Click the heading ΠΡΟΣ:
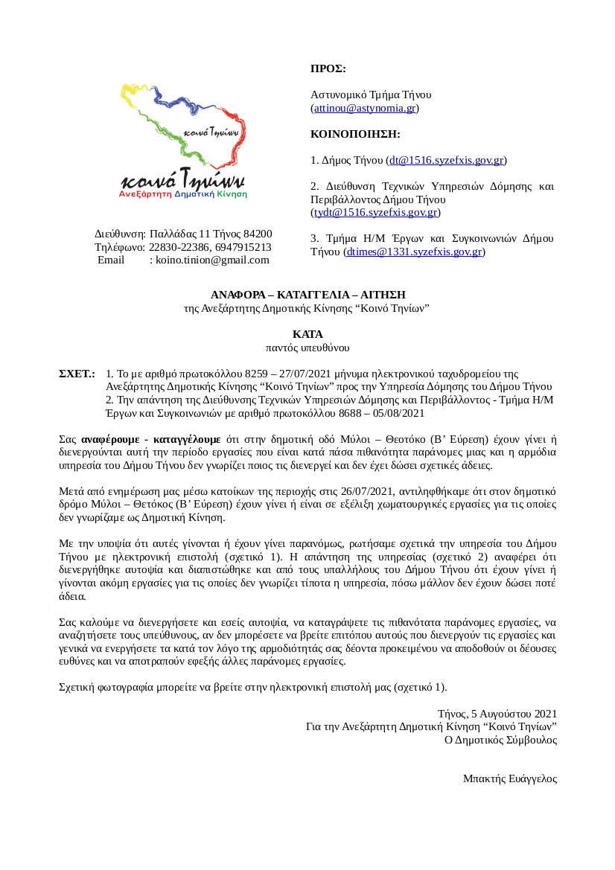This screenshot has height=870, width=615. pos(328,68)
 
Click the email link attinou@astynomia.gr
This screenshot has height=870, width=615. pos(364,108)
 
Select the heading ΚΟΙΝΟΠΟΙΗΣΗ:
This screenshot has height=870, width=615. pos(355,135)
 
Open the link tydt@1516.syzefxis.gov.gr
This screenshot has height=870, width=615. pos(375,212)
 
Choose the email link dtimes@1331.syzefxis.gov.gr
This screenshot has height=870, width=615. pos(414,252)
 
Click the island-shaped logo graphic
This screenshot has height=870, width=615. pos(184,127)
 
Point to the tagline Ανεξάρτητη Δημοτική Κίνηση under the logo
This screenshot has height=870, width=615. pos(183,193)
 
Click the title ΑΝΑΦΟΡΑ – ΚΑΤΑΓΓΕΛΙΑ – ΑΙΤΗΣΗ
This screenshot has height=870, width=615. pos(307,295)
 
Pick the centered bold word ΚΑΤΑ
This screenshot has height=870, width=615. pos(307,334)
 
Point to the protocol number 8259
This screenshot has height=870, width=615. pos(255,373)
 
